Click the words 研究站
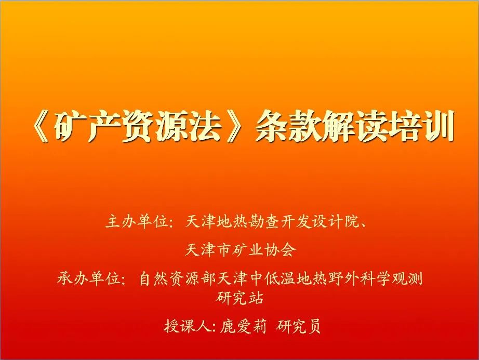coord(239,298)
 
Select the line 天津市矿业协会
coord(240,250)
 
